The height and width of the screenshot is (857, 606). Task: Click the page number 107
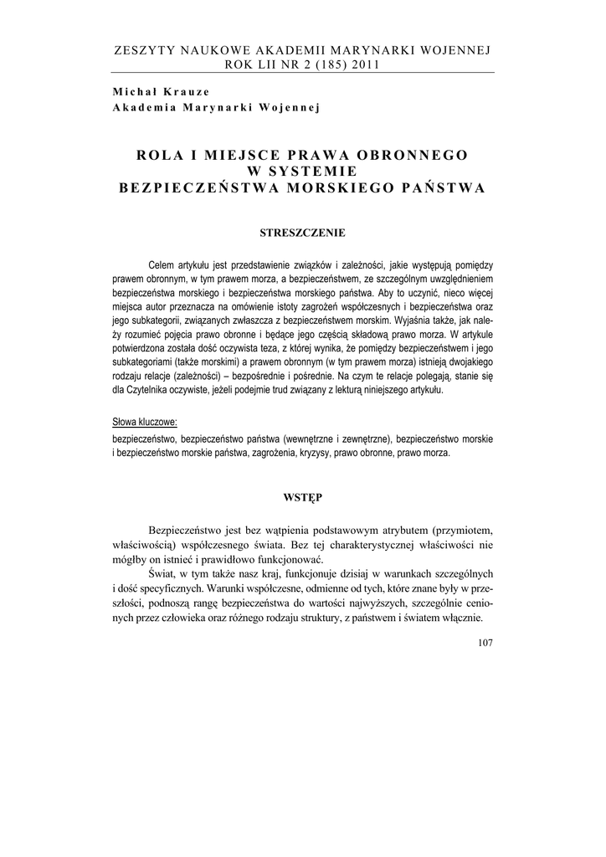tap(483, 643)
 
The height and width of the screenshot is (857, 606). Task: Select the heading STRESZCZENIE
tap(302, 232)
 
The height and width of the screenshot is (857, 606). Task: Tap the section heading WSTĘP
tap(302, 497)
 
